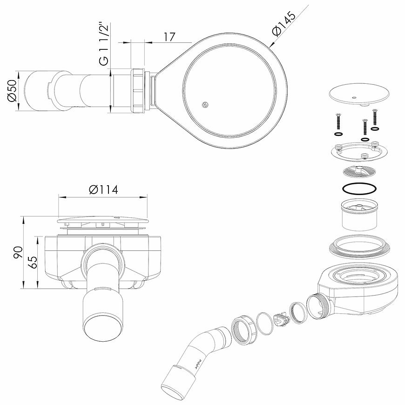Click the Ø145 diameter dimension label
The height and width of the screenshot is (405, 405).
click(283, 23)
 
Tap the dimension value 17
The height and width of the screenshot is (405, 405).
click(169, 37)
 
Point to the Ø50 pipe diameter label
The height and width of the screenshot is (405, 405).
click(13, 90)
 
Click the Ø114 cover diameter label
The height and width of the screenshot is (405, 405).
click(103, 189)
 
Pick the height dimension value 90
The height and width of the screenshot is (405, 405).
click(18, 252)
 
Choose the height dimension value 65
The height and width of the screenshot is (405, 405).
click(33, 262)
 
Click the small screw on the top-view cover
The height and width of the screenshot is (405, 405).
click(205, 105)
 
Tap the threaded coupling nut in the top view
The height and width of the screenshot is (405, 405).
click(140, 90)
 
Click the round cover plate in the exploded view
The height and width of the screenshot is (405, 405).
click(359, 94)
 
